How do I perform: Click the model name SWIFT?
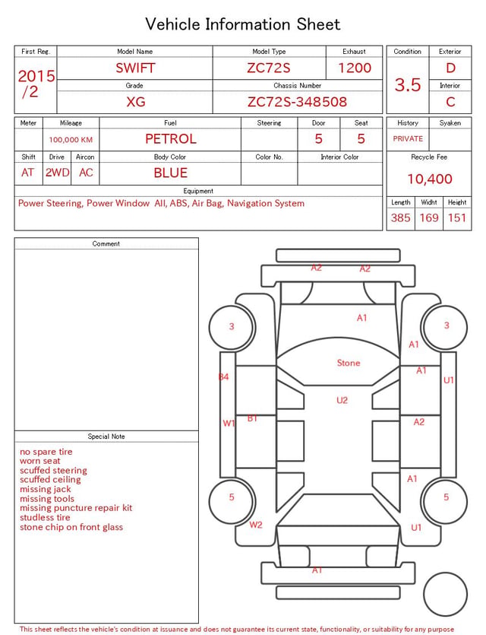[135, 68]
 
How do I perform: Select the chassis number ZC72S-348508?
[297, 102]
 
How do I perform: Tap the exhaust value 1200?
[355, 68]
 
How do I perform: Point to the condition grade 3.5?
[408, 85]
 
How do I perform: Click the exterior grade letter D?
[450, 68]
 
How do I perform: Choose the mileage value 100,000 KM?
[71, 140]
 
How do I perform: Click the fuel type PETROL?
[171, 139]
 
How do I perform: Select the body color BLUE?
[171, 173]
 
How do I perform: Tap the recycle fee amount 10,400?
[429, 179]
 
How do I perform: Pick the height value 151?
[457, 217]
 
